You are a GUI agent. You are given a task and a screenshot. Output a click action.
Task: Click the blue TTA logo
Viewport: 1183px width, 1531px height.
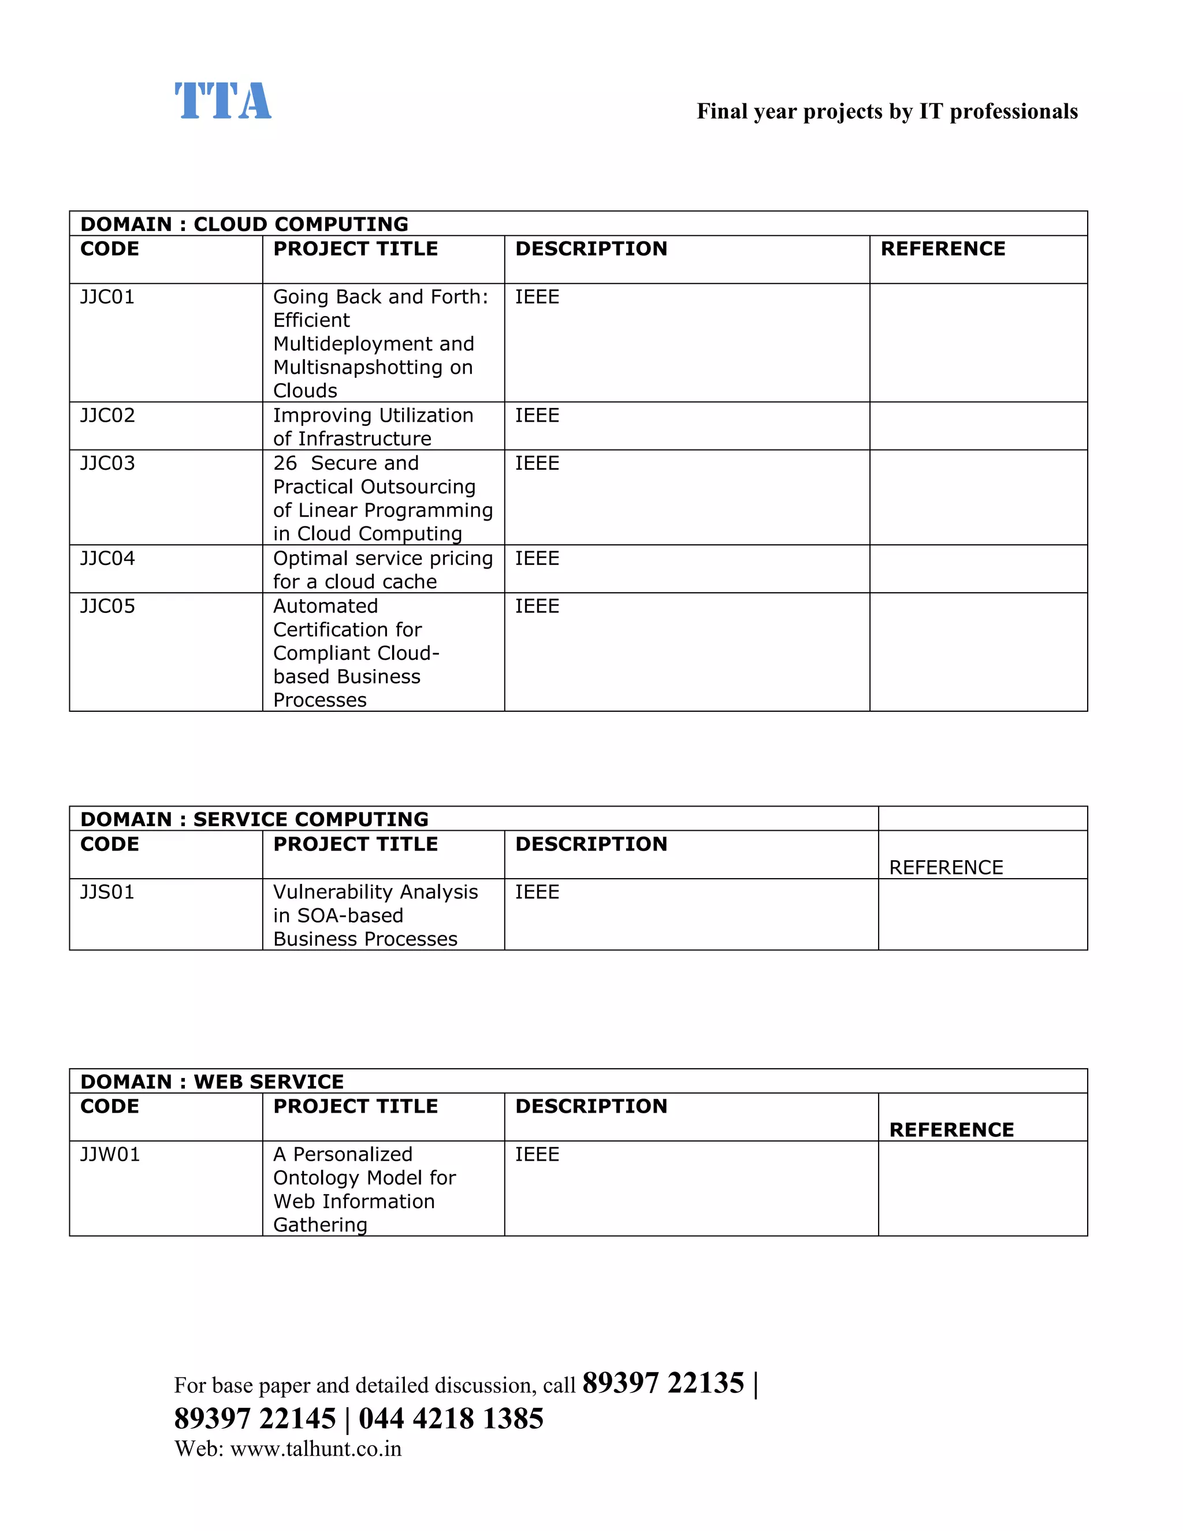pos(222,101)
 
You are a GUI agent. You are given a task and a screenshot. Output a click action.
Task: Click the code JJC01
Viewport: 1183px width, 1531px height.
pos(107,297)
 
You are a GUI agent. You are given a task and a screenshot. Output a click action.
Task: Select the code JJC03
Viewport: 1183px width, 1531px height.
pos(107,463)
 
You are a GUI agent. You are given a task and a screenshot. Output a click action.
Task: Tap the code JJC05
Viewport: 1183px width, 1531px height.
pos(107,607)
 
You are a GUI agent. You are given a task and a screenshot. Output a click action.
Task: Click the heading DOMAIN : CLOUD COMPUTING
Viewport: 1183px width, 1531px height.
pos(244,224)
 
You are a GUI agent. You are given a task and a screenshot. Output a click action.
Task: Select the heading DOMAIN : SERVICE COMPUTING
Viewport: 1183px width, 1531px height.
pos(254,819)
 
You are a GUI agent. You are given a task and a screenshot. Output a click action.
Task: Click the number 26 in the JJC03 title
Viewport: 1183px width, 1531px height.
pos(285,463)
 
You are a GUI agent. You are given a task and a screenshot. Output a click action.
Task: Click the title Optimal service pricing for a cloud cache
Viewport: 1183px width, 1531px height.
pos(382,570)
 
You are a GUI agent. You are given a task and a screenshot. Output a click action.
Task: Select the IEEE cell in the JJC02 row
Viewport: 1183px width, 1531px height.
pos(537,416)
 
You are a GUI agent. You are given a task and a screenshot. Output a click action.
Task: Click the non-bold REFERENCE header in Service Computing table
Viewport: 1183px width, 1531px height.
pos(946,868)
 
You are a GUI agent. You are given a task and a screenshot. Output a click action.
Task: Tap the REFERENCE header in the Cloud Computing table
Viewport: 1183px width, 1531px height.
pos(943,249)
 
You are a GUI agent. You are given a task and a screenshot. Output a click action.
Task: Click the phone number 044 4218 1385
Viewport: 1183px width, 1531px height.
pos(451,1419)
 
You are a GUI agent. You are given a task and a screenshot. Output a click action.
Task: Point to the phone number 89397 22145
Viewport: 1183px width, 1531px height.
pos(255,1419)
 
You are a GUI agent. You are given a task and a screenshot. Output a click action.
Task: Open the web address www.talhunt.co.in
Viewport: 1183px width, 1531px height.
pos(315,1449)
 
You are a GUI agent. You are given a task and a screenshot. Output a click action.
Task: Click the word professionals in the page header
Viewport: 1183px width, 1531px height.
pos(1013,112)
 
